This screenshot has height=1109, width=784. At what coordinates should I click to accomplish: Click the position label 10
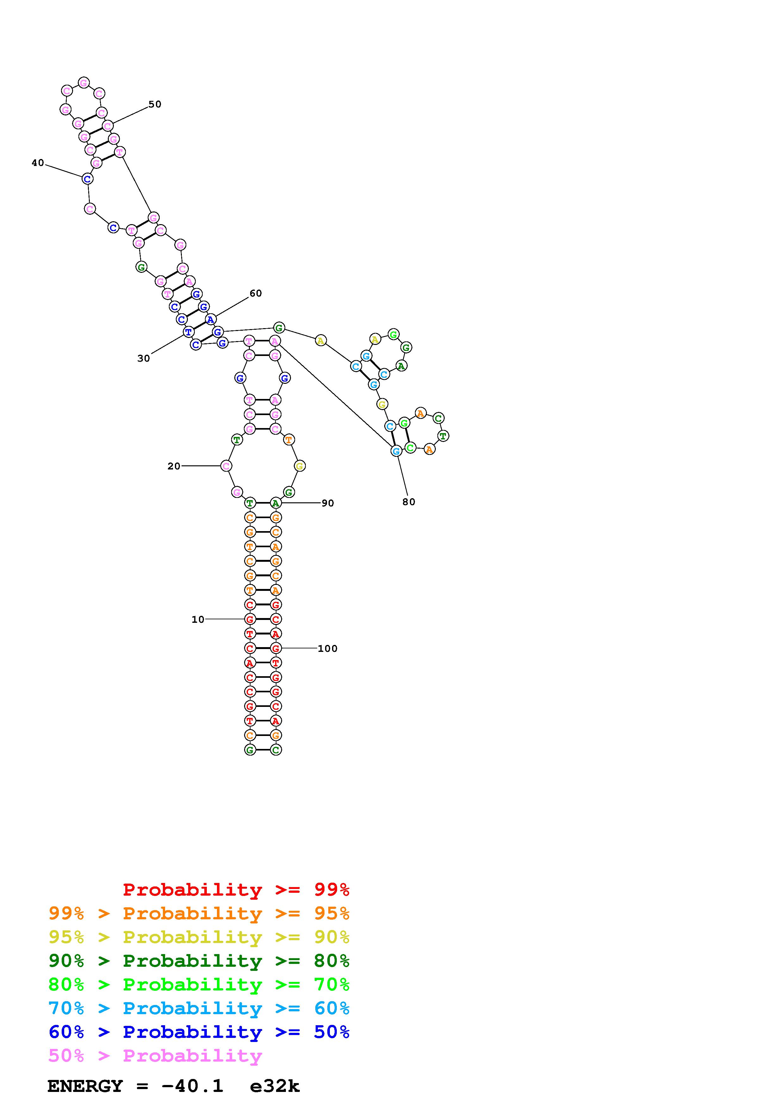198,620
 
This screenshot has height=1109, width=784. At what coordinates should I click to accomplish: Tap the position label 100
328,649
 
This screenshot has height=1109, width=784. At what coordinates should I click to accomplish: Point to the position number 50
155,104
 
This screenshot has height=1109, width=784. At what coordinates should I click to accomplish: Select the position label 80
409,502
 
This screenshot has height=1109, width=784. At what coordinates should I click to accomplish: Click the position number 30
144,358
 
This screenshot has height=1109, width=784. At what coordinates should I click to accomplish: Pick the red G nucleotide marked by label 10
250,619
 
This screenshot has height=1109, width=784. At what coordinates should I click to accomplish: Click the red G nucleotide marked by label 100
276,648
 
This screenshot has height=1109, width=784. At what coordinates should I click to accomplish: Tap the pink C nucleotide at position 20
225,466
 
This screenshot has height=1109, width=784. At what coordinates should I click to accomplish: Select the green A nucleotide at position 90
275,503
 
